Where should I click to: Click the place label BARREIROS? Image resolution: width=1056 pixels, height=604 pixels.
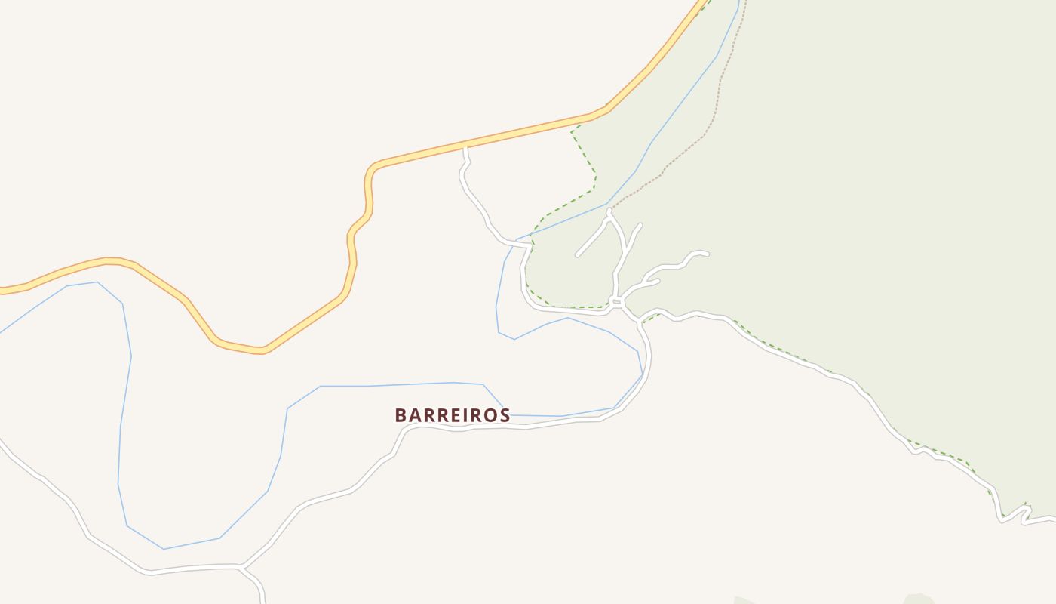click(453, 415)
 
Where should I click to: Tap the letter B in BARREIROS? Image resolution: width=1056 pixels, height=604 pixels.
click(401, 415)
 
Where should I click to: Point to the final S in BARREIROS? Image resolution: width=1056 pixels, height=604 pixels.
click(504, 415)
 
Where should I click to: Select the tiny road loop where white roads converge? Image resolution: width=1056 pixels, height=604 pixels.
click(615, 302)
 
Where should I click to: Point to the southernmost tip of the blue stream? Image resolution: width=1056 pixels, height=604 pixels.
click(163, 549)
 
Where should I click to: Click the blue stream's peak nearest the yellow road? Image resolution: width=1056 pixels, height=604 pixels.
click(97, 282)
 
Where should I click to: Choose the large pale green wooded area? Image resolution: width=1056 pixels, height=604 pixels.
click(867, 189)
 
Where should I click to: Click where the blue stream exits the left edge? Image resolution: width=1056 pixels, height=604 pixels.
click(2, 332)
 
